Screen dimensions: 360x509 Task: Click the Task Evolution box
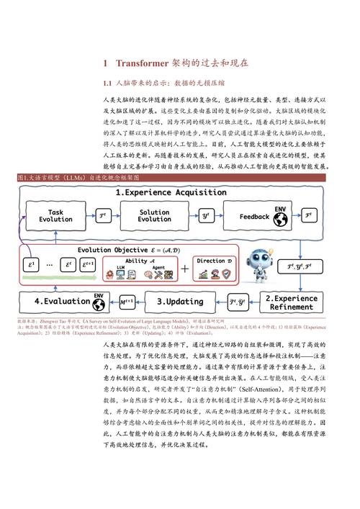[x=55, y=214]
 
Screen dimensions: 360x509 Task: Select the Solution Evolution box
[x=154, y=214]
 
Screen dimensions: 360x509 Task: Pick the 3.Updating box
[x=180, y=301]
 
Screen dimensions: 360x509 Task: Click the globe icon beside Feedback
[x=282, y=209]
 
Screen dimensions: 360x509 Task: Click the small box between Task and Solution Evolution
[x=102, y=214]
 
